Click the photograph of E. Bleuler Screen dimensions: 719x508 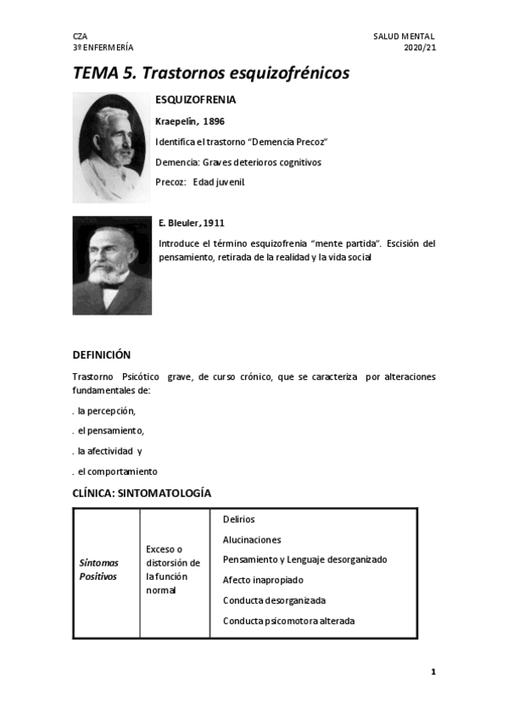click(112, 265)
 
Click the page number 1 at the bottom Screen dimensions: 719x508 click(433, 672)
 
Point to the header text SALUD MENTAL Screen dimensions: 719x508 click(404, 36)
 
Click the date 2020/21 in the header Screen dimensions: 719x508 click(420, 47)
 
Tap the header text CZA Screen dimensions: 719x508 click(80, 36)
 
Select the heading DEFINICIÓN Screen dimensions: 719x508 click(102, 354)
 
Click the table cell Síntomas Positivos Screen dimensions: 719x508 click(98, 569)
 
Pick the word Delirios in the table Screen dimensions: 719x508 click(238, 519)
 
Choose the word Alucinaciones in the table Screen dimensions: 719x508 click(252, 539)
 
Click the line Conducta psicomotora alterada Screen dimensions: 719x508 click(288, 621)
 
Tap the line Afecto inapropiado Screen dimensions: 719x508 click(263, 580)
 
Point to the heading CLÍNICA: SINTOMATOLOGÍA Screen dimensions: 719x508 click(142, 493)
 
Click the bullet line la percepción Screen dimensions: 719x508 click(105, 410)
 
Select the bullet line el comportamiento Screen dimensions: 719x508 click(116, 471)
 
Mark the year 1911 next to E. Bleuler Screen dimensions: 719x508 click(213, 223)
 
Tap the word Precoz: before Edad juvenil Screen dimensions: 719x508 click(170, 181)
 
